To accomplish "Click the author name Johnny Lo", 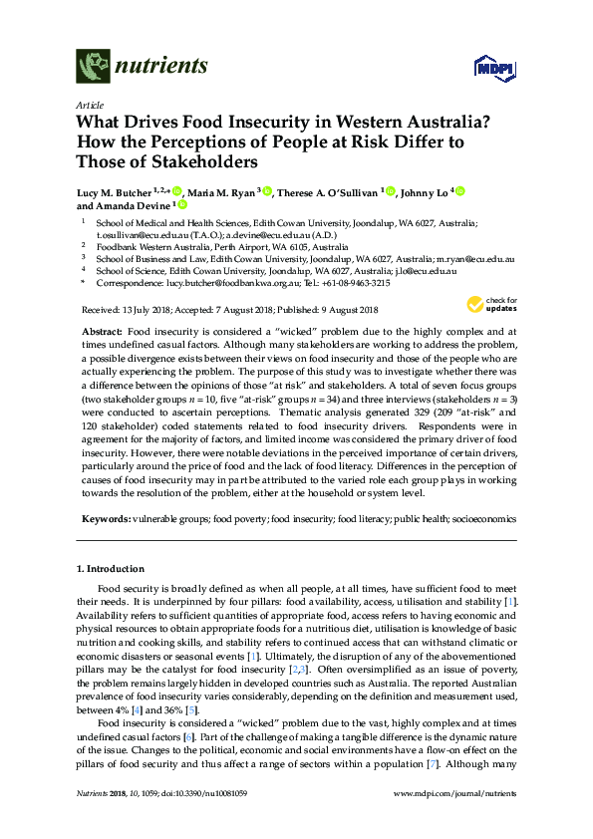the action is click(426, 191).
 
